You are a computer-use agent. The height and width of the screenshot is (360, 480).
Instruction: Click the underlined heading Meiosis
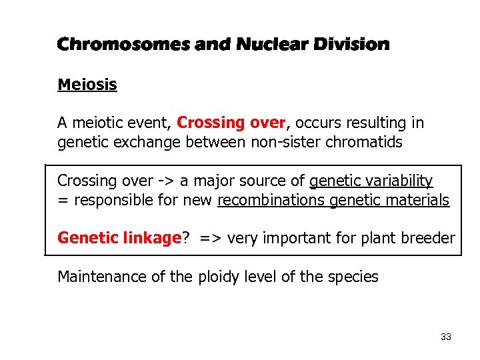(x=87, y=85)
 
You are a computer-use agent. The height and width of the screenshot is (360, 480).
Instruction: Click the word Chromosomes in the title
(x=124, y=45)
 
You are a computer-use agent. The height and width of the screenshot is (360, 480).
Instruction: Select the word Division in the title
(x=350, y=45)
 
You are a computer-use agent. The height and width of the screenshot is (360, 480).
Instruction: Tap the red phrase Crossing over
(x=231, y=123)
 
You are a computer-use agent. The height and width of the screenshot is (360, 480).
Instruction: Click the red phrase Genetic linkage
(x=119, y=238)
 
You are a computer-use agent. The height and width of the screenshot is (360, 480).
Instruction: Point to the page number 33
(x=446, y=337)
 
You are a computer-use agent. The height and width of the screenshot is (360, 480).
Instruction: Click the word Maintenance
(x=99, y=277)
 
